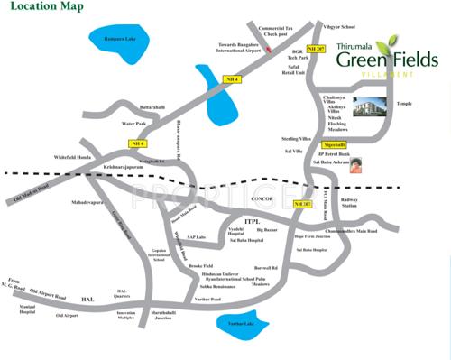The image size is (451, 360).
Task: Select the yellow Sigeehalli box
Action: click(x=335, y=144)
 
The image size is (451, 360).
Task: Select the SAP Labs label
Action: click(x=198, y=236)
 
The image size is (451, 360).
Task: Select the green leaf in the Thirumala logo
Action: click(x=387, y=43)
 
